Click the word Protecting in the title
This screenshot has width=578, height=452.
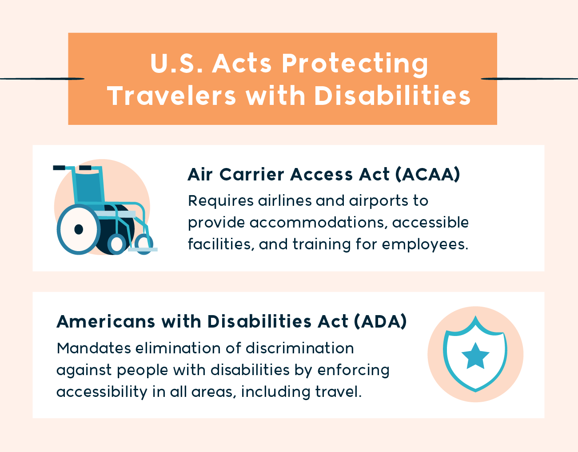355,64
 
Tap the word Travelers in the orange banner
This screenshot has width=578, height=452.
172,96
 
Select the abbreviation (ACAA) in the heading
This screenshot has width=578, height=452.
427,175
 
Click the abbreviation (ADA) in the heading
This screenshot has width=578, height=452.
380,322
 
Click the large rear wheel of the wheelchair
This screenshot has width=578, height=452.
79,229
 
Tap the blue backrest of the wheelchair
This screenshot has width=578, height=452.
88,188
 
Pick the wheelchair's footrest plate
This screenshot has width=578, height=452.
143,249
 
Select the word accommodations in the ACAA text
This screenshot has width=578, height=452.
317,223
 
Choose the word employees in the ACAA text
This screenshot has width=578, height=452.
425,245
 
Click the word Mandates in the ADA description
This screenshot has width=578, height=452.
94,348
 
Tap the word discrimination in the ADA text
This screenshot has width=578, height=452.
300,348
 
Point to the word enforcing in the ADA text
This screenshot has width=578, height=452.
353,370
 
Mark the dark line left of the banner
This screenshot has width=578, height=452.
42,79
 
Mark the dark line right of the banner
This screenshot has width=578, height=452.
529,79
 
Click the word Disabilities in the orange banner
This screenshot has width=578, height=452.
392,96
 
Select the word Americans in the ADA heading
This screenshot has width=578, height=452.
106,322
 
